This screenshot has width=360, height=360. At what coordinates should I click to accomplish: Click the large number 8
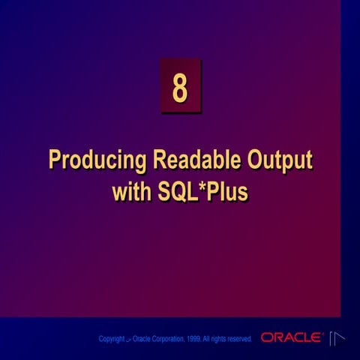(x=180, y=87)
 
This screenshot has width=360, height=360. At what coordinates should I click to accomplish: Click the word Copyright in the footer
(x=112, y=340)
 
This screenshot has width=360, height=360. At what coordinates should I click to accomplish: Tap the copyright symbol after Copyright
(x=128, y=340)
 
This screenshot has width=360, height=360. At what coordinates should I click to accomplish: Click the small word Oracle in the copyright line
(x=141, y=340)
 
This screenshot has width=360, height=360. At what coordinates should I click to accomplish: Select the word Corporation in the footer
(x=168, y=340)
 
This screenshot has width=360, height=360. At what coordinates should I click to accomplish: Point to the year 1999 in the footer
(x=193, y=340)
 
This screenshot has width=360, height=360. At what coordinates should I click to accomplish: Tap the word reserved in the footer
(x=239, y=340)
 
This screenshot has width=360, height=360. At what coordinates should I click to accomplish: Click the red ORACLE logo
(x=291, y=338)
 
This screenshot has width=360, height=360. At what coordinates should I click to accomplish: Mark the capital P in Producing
(x=55, y=161)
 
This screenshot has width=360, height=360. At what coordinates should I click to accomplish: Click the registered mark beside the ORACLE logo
(x=323, y=334)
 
